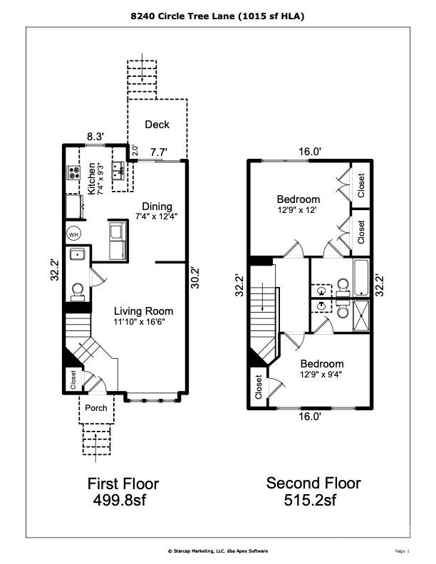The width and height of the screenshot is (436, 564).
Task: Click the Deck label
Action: tap(157, 125)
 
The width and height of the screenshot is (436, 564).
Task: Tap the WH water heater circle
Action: tap(73, 234)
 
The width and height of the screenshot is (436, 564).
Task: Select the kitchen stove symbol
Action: tap(73, 172)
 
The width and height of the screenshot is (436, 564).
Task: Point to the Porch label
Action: tap(96, 408)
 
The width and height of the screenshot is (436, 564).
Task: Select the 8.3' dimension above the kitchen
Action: tap(95, 136)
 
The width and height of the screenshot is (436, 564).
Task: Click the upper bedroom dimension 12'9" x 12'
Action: tap(298, 210)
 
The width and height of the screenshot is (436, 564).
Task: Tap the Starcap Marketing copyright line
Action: tap(218, 550)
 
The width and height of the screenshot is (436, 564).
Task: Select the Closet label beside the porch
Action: tap(73, 380)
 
